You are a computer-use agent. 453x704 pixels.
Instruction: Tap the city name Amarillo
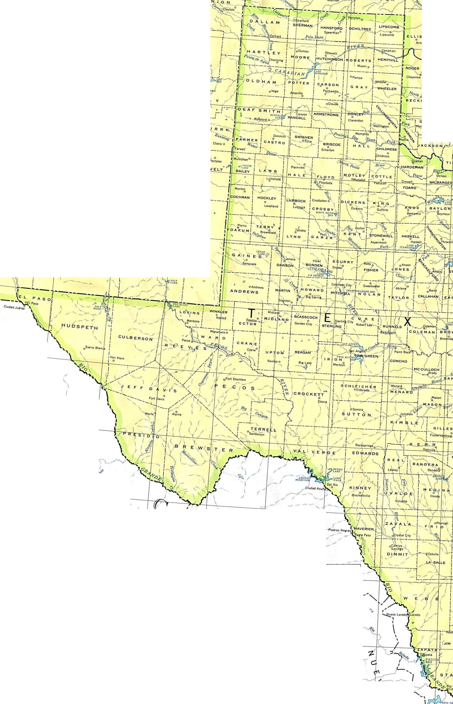click(x=296, y=93)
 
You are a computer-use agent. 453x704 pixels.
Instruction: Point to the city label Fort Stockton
click(x=235, y=380)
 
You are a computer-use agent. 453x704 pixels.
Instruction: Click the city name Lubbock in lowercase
click(x=299, y=207)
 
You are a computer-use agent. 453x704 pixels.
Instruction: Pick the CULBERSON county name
click(x=135, y=338)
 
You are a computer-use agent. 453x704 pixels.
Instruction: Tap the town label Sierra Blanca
click(x=96, y=348)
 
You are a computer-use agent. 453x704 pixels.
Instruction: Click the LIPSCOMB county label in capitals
click(x=389, y=27)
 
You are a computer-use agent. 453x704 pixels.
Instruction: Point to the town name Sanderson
click(x=256, y=434)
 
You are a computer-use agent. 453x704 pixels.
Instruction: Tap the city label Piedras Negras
click(x=339, y=530)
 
